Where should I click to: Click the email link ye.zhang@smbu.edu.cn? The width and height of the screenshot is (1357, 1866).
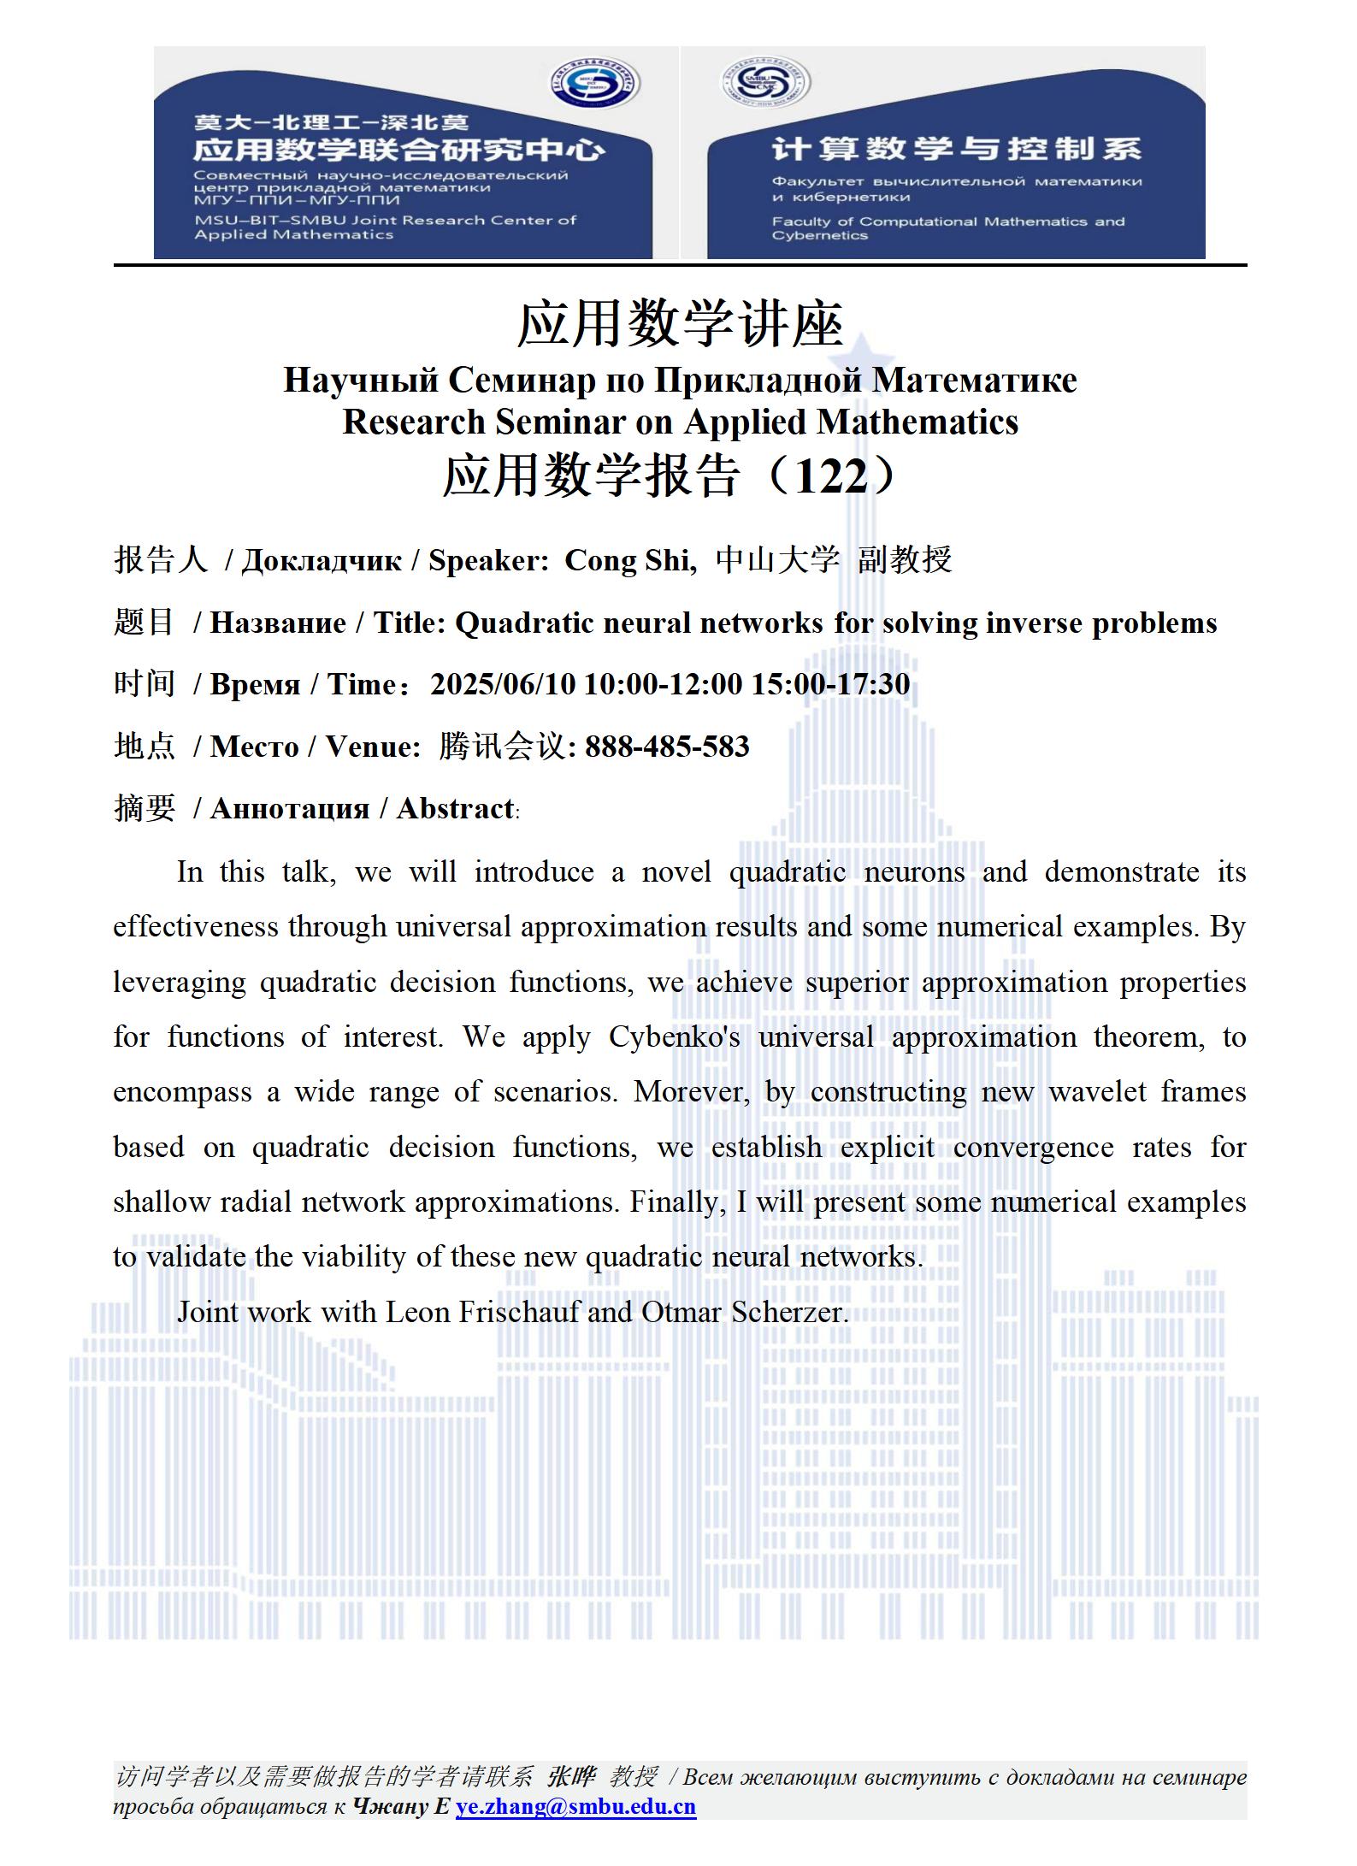[x=575, y=1806]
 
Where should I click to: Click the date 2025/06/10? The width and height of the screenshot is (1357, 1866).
[x=503, y=684]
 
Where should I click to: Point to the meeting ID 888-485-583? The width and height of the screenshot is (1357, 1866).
[x=667, y=747]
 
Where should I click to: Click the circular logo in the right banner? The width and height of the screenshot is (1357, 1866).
[x=764, y=82]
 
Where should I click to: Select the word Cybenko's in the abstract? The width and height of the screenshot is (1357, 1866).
[x=674, y=1036]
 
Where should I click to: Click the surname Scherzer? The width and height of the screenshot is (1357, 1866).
[x=789, y=1312]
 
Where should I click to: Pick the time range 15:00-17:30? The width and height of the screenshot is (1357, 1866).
[x=830, y=684]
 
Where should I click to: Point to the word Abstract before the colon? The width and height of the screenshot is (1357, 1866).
[x=455, y=808]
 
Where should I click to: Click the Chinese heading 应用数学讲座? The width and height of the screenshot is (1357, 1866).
[x=681, y=325]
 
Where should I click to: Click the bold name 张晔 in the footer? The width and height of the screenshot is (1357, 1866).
[x=570, y=1776]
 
